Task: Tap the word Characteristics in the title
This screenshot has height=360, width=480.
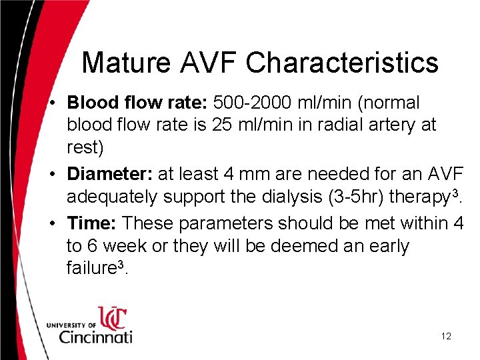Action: (x=342, y=63)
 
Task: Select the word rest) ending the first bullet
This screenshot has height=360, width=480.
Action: (x=85, y=147)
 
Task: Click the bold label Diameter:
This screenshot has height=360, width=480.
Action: (x=110, y=175)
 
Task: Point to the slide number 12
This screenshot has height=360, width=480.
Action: (x=446, y=336)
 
